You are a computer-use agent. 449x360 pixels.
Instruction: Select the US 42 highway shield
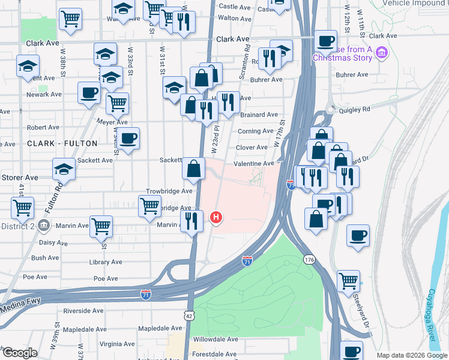pyautogui.click(x=188, y=332)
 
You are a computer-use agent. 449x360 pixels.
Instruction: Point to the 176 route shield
pyautogui.click(x=309, y=260)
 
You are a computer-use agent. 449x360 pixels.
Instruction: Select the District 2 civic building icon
pyautogui.click(x=43, y=226)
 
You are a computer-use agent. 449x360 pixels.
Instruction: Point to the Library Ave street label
pyautogui.click(x=105, y=262)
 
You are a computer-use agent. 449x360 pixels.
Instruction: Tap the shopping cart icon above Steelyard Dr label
pyautogui.click(x=348, y=281)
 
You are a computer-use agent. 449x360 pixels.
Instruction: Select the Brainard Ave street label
pyautogui.click(x=259, y=114)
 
